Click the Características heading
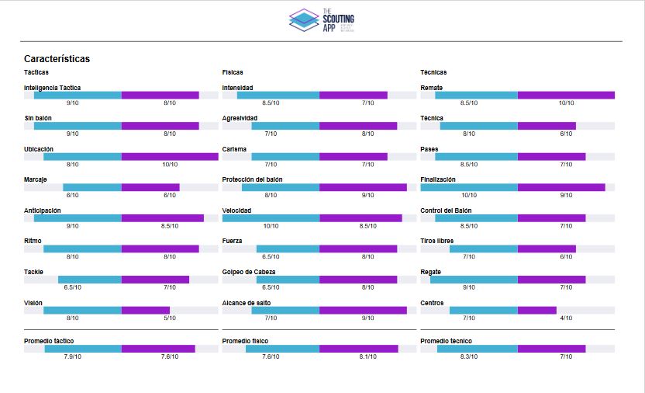(x=57, y=59)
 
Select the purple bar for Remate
(x=566, y=96)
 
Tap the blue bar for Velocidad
(x=271, y=218)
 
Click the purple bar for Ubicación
(x=170, y=157)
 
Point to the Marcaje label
(x=36, y=179)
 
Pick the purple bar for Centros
(x=536, y=310)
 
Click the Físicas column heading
(x=233, y=72)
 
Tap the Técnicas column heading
(x=433, y=72)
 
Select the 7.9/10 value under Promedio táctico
(x=73, y=357)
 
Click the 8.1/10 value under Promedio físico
(x=367, y=357)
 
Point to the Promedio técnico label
(x=446, y=341)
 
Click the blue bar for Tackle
(x=90, y=280)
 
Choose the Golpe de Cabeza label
(x=249, y=272)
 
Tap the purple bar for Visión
(x=146, y=310)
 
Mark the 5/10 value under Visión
(x=170, y=318)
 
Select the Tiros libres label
(x=437, y=241)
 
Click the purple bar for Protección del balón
(x=363, y=187)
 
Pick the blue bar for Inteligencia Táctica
(x=78, y=96)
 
